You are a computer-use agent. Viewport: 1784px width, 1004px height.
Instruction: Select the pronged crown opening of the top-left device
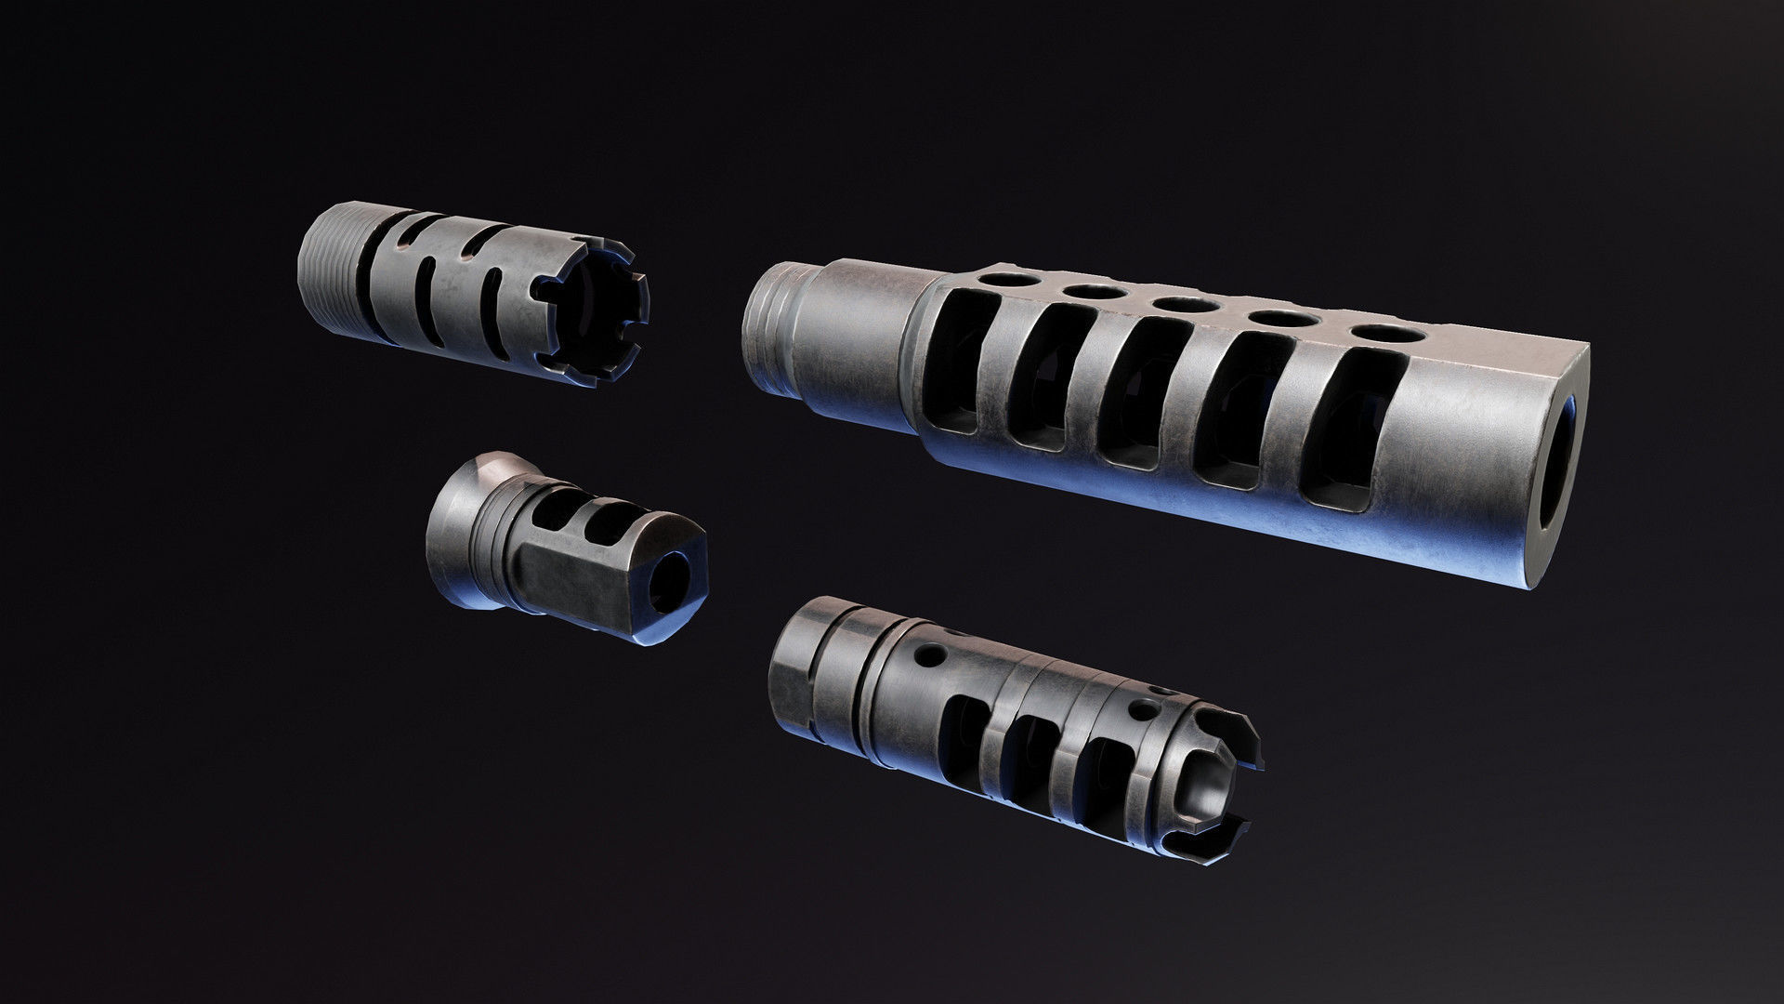pos(595,316)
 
